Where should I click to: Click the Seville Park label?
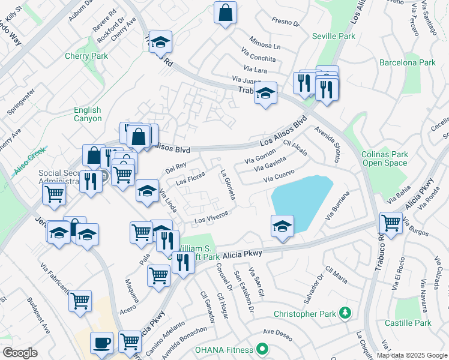[x=334, y=36]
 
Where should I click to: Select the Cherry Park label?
[x=86, y=56]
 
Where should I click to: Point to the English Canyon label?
[x=88, y=114]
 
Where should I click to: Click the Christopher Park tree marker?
[x=345, y=313]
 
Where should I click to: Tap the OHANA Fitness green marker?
[x=262, y=348]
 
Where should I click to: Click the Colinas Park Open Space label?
[x=385, y=158]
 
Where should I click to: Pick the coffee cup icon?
[x=101, y=342]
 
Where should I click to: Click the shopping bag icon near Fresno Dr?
[x=225, y=13]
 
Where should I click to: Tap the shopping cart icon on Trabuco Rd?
[x=391, y=223]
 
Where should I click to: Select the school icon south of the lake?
[x=282, y=226]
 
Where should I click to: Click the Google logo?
[x=20, y=353]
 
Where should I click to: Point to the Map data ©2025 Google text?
[x=412, y=355]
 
